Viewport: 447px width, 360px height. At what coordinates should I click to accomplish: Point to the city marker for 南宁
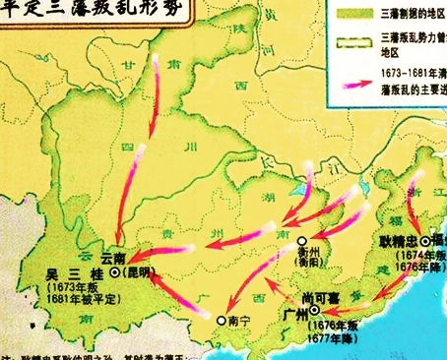pos(222,321)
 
